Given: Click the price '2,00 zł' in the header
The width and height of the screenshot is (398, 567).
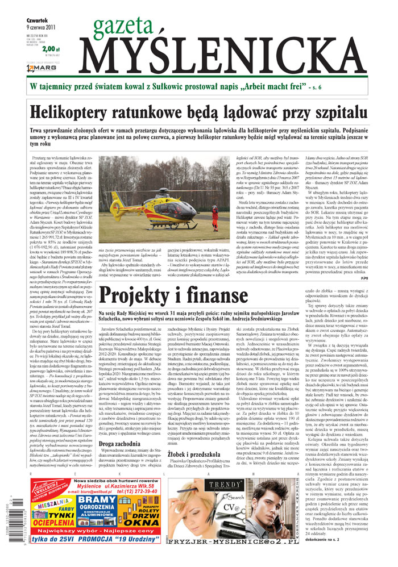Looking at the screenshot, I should click(x=50, y=49).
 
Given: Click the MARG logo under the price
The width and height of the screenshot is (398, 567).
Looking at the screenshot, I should click(x=40, y=69).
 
